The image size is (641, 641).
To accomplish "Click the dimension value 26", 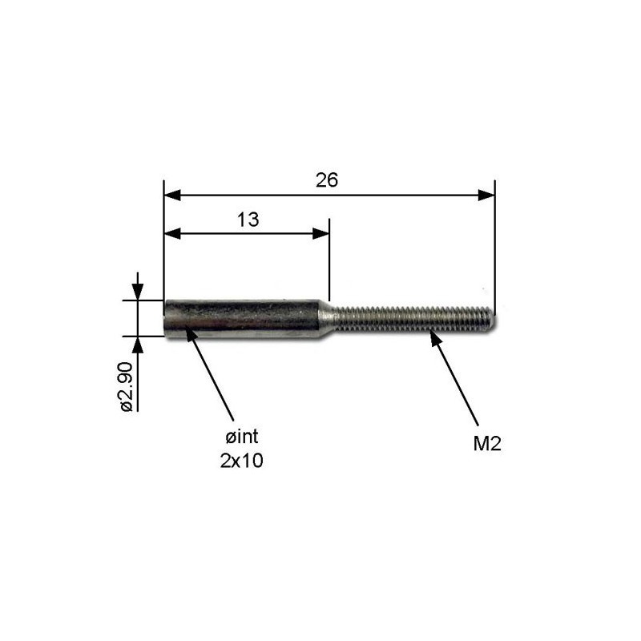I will (327, 180).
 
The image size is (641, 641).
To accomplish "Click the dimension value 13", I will (248, 220).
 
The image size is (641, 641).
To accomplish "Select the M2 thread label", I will (486, 444).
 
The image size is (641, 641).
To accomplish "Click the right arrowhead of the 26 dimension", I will (486, 195).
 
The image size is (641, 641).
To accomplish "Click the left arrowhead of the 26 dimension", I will (172, 195).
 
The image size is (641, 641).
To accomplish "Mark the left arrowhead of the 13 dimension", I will (172, 233).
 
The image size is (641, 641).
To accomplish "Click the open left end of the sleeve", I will (167, 319).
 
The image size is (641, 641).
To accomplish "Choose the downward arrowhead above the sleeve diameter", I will (138, 293).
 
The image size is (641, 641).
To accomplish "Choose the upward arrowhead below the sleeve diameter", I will (138, 345).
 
